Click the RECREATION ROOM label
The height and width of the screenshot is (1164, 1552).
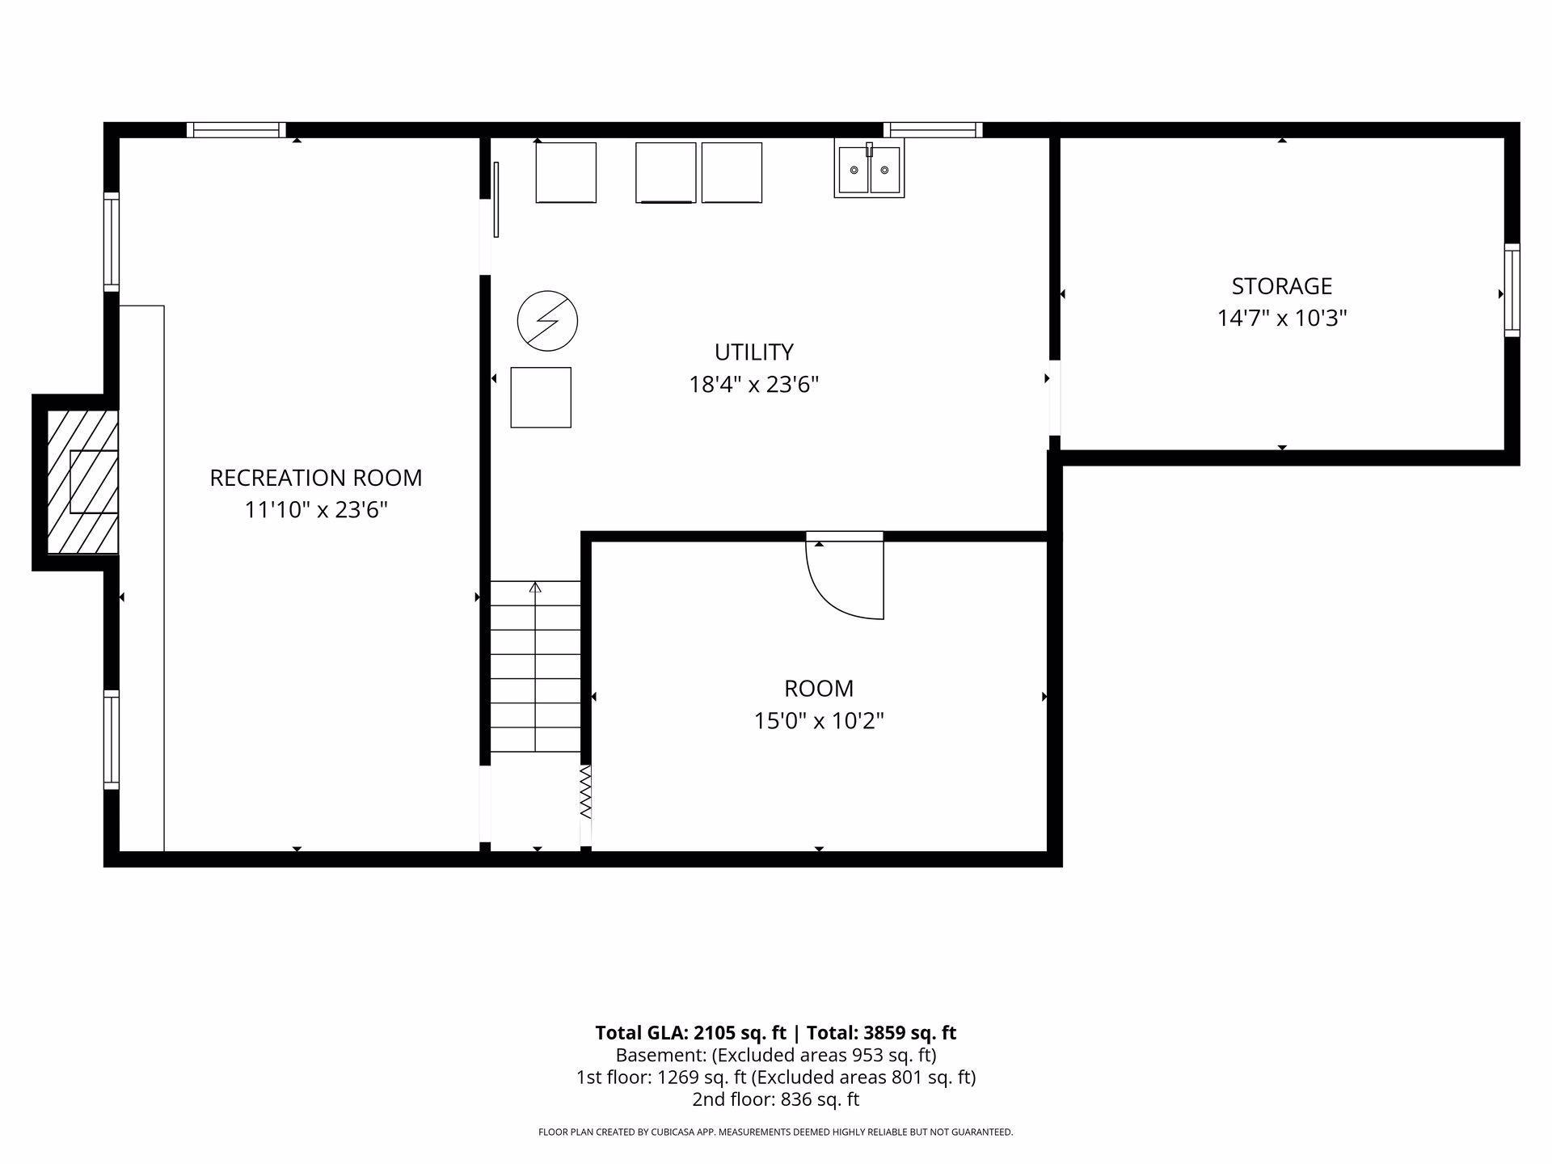point(315,478)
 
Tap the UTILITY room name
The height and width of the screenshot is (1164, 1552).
point(753,352)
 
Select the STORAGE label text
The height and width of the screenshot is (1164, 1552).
point(1281,286)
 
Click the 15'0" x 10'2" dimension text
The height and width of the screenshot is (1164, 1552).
point(819,720)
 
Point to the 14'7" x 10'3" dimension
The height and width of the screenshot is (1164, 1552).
point(1282,318)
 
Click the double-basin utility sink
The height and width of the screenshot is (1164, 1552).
point(869,169)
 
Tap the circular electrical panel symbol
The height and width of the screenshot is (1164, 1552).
point(547,321)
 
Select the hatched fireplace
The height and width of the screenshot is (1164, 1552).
point(82,483)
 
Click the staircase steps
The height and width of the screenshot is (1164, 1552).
point(535,666)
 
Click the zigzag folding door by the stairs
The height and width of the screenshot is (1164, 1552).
point(586,792)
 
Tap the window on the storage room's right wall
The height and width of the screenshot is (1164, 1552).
point(1512,289)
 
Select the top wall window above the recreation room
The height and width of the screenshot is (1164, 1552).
point(236,130)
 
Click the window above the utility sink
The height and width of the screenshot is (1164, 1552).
point(933,130)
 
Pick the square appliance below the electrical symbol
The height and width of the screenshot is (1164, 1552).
point(541,397)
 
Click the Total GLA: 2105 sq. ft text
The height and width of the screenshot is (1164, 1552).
point(690,1032)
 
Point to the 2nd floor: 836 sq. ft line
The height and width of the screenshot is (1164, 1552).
point(775,1099)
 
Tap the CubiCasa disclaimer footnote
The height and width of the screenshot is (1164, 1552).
point(775,1132)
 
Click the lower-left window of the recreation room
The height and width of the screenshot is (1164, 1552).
point(112,740)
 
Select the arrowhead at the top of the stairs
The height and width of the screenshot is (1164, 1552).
point(535,587)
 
